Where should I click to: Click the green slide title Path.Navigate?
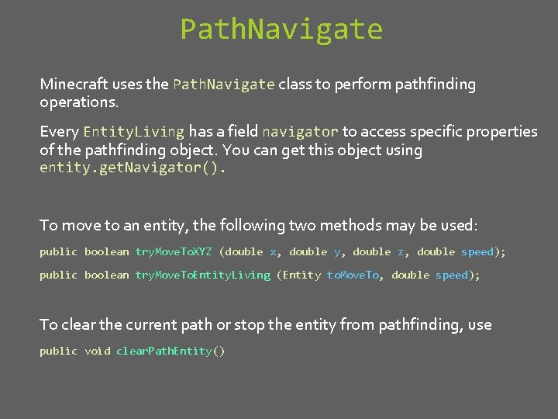tap(281, 29)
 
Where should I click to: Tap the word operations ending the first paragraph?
tap(78, 102)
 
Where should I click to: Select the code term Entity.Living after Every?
tap(133, 132)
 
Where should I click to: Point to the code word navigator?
tap(300, 132)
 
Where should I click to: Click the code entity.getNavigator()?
tap(132, 168)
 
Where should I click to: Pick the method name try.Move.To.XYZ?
tap(174, 252)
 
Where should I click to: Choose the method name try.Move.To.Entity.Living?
tap(203, 275)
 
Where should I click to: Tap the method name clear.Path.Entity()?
tap(170, 351)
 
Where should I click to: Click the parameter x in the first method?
tap(273, 252)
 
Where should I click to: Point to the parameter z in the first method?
tap(401, 252)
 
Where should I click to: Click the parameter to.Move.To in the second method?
tap(353, 275)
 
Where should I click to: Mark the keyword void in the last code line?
tap(97, 351)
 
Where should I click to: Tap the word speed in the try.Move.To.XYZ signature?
tap(477, 252)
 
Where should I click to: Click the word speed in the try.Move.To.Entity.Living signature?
tap(451, 275)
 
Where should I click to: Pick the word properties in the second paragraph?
tap(501, 132)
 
